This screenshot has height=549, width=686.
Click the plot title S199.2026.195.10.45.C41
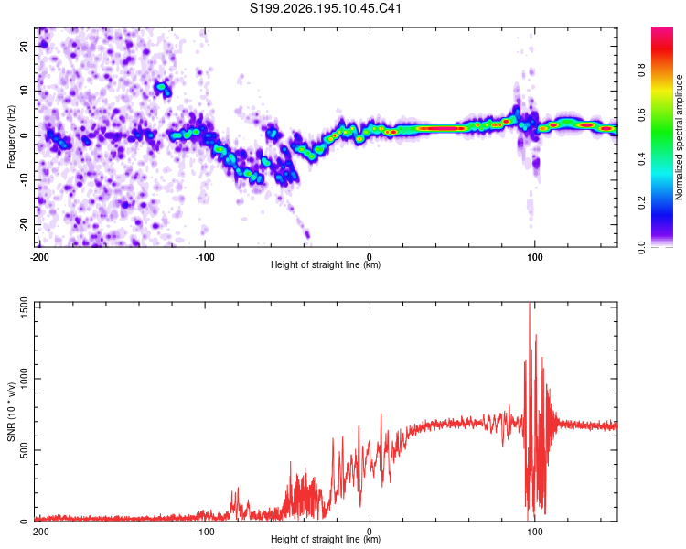click(x=325, y=8)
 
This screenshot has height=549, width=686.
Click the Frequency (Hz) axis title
click(x=11, y=137)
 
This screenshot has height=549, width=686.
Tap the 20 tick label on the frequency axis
click(x=25, y=47)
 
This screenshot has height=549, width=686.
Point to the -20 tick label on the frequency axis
click(x=25, y=225)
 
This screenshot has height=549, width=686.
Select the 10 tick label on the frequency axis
click(x=25, y=91)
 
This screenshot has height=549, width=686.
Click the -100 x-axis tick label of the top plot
click(x=204, y=257)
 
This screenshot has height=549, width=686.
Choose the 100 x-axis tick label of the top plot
click(x=535, y=257)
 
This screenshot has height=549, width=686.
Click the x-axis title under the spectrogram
click(x=326, y=264)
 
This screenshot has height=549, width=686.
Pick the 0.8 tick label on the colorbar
click(x=641, y=70)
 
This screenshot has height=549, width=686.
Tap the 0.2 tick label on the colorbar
click(x=641, y=203)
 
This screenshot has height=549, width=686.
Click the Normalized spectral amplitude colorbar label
click(x=679, y=137)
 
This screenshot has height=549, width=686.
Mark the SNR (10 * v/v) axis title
click(x=11, y=412)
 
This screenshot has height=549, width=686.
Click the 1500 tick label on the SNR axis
click(x=25, y=307)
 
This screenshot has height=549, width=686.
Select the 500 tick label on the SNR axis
click(x=25, y=450)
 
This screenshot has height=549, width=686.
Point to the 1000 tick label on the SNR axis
click(x=25, y=379)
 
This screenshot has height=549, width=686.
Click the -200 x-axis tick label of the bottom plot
click(x=39, y=532)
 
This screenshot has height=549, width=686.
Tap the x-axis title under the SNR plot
click(x=326, y=539)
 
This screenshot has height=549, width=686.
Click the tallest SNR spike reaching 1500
click(x=530, y=304)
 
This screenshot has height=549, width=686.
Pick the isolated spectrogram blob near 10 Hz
click(x=163, y=89)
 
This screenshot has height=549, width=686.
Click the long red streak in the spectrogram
click(x=441, y=128)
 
